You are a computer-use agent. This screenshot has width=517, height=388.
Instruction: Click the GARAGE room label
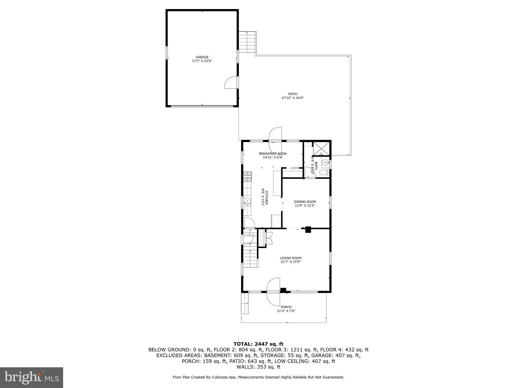pos(202,57)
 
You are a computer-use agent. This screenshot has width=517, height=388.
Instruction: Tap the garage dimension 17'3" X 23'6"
pos(202,61)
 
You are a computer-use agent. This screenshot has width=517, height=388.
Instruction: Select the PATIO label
pos(293,94)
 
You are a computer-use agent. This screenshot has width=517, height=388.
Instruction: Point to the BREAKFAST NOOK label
pos(273,154)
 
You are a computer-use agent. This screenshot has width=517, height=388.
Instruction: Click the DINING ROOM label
pos(305,202)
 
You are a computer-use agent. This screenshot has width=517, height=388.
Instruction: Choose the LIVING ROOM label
pos(291,258)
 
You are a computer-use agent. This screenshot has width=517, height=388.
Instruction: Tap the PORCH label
pos(286,307)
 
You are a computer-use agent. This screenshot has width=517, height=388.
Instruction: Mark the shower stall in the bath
pos(321,149)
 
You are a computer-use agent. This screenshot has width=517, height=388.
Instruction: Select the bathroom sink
pos(325,163)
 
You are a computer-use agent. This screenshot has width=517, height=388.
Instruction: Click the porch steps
pos(245,303)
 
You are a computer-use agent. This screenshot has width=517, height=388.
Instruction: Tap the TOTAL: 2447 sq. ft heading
pos(258,344)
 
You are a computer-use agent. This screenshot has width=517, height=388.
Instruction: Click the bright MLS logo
pos(32,377)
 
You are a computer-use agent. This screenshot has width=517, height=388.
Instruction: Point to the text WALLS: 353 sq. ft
pos(258,367)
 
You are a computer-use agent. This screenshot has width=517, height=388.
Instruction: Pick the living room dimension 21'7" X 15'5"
pos(291,262)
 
